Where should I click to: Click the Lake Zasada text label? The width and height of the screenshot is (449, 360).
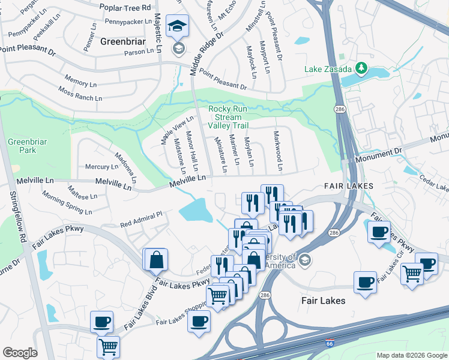[x=328, y=69]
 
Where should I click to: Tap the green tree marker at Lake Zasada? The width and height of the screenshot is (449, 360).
[x=362, y=68]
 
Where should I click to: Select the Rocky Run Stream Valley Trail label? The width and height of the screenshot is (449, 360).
[x=228, y=117]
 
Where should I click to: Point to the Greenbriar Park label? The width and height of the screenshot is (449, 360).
[x=22, y=146]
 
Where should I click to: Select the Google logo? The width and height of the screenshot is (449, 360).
[x=20, y=353]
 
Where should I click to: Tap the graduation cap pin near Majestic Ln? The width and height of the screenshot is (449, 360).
[x=176, y=27]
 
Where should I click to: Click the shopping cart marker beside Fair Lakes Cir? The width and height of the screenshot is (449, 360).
[x=412, y=274]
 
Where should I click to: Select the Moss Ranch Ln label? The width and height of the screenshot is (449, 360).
[x=80, y=94]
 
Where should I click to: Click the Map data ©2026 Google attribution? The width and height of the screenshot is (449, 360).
[x=411, y=355]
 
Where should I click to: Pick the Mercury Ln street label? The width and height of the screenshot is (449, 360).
[x=101, y=167]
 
